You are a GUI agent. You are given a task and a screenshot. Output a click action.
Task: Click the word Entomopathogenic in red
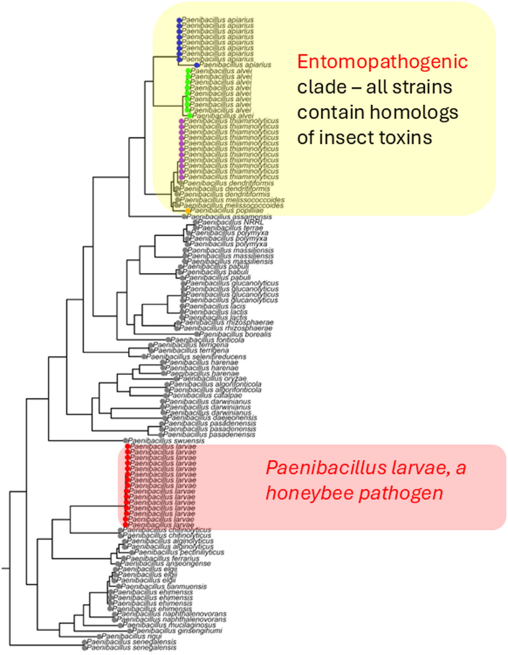click(382, 62)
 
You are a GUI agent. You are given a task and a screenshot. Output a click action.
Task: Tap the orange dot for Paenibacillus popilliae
click(188, 211)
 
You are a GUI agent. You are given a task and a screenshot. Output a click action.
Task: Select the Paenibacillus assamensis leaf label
click(229, 217)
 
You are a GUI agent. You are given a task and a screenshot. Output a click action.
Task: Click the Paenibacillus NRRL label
click(230, 222)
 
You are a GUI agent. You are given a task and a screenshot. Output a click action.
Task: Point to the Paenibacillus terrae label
click(230, 228)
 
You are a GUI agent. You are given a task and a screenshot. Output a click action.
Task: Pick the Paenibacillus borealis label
click(235, 334)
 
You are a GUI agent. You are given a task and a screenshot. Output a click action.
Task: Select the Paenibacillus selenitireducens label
click(196, 357)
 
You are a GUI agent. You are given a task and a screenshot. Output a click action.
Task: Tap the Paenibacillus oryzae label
click(212, 378)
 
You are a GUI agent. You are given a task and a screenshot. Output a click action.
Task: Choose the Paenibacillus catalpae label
click(205, 395)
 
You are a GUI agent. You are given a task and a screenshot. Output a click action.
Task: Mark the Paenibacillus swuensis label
click(166, 441)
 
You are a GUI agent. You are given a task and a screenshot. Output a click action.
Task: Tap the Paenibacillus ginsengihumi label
click(177, 631)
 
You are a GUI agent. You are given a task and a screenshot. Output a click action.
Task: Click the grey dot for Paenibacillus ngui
click(99, 636)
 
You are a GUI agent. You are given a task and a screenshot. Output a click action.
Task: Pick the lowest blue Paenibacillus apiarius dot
click(197, 65)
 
